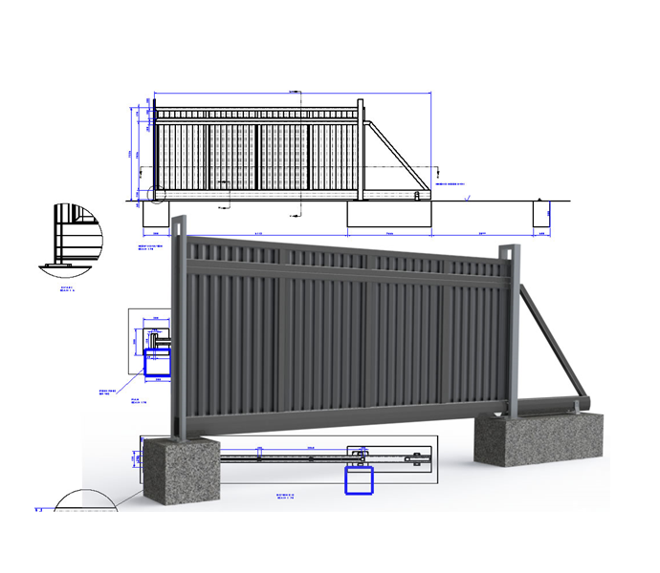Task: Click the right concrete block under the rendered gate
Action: [541, 440]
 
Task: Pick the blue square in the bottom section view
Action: [358, 480]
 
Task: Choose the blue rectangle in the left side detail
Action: [155, 364]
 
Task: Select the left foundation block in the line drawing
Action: [155, 216]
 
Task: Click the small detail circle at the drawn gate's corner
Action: [157, 195]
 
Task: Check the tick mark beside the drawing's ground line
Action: [466, 198]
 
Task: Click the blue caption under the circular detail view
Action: [67, 286]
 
